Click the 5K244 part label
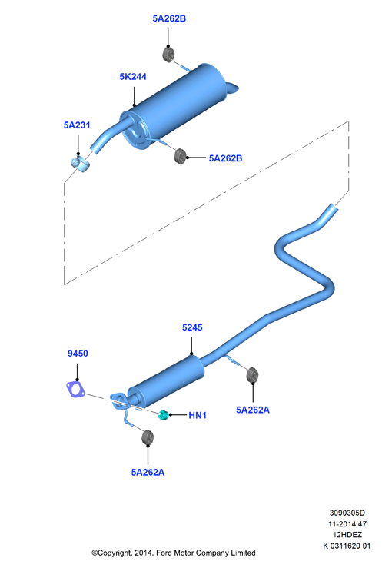(x=133, y=77)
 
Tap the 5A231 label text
(x=77, y=125)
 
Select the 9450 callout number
(x=78, y=354)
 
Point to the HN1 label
(x=198, y=415)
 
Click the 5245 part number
(x=192, y=327)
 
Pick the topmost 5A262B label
(x=169, y=18)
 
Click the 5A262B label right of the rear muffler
(x=225, y=158)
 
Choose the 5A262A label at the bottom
(x=148, y=473)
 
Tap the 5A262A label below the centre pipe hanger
(x=253, y=410)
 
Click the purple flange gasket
(x=75, y=389)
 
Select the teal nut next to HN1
(x=164, y=415)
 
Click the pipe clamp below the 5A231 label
(x=81, y=164)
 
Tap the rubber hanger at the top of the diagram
(x=168, y=54)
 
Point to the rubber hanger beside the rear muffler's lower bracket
(x=180, y=156)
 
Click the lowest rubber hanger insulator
(x=148, y=437)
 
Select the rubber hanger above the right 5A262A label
(x=252, y=375)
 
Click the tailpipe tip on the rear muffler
(x=232, y=88)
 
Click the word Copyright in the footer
(x=115, y=553)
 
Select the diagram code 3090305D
(x=347, y=513)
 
